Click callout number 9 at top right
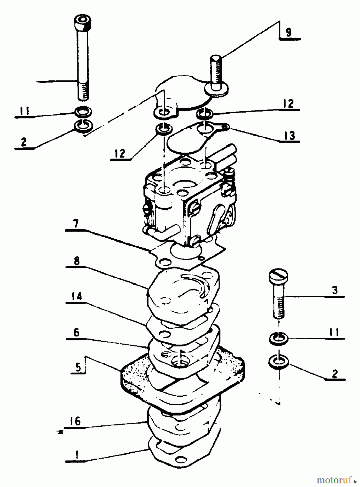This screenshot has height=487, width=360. (x=289, y=33)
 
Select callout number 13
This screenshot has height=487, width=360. (x=290, y=135)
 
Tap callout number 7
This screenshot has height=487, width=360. (x=76, y=224)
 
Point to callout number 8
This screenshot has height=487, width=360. (x=76, y=261)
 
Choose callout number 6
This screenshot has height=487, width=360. (x=77, y=332)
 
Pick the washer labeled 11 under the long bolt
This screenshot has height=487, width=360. (x=83, y=111)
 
